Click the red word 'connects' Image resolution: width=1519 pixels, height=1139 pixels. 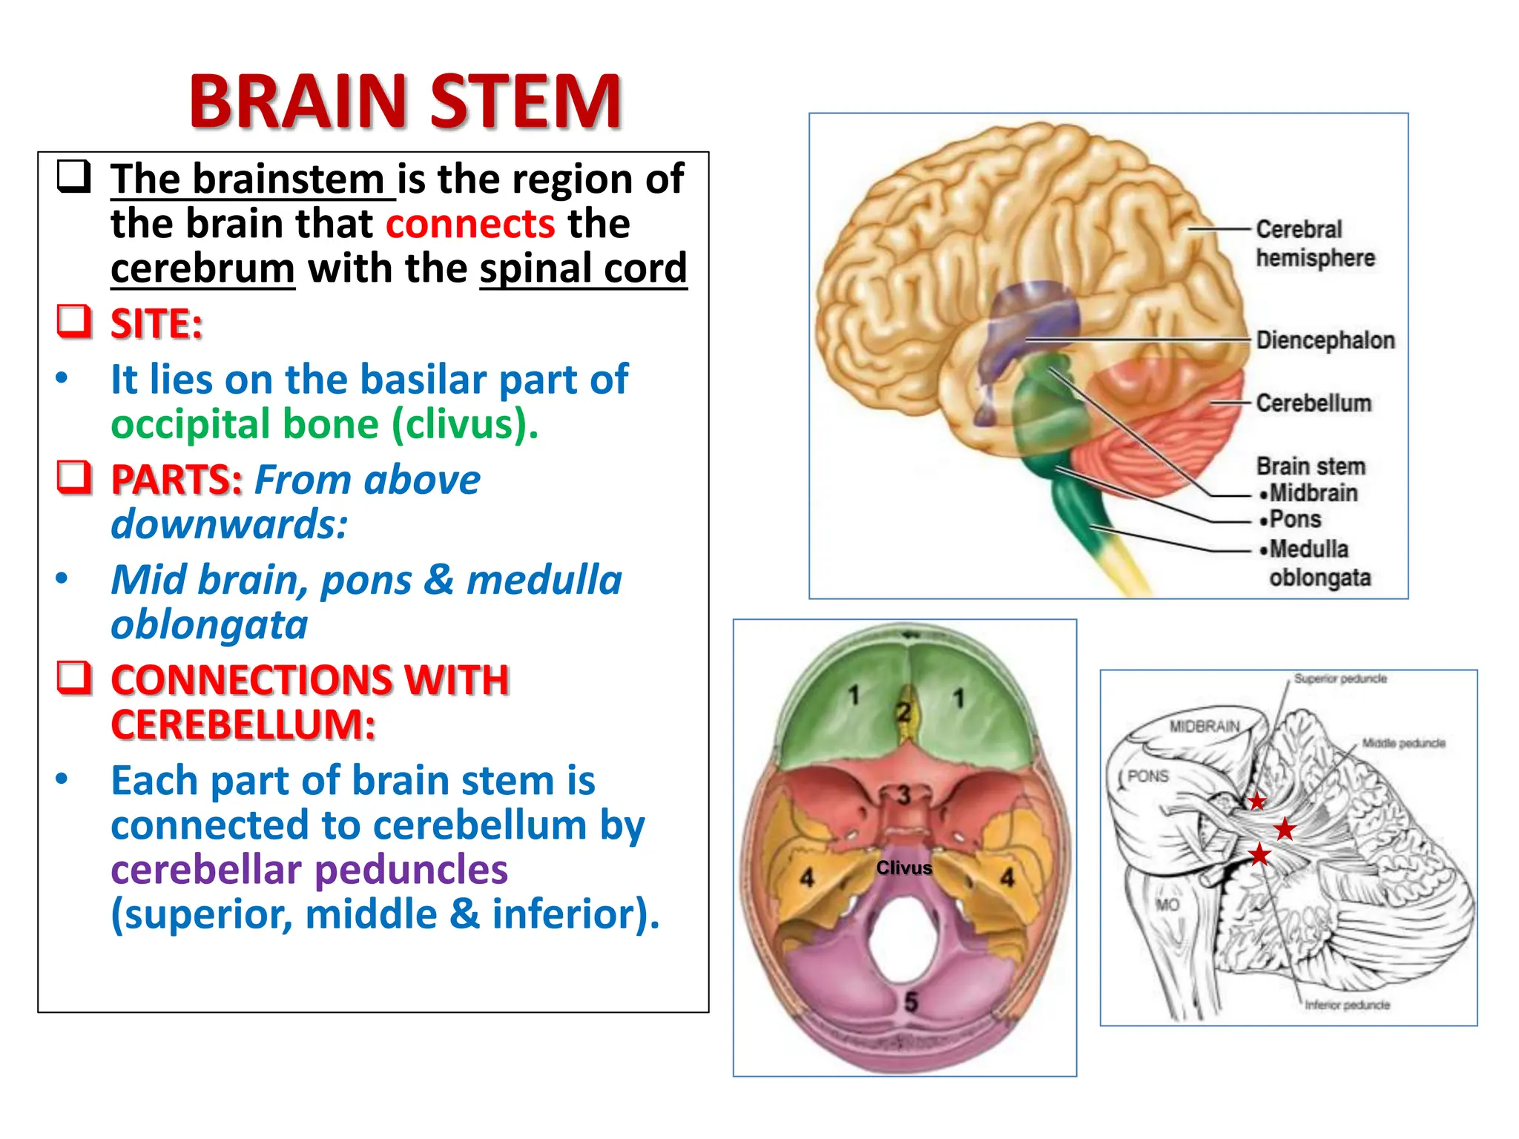click(470, 224)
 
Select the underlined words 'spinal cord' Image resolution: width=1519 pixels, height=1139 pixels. click(583, 268)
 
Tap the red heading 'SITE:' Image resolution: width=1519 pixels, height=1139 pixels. click(156, 324)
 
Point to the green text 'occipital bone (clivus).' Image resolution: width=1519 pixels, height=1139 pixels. click(324, 425)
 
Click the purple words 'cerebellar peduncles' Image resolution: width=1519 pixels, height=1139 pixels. click(309, 870)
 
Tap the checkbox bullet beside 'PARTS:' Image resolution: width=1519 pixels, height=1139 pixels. click(74, 478)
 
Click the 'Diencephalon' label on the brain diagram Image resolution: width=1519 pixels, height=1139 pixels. click(1325, 340)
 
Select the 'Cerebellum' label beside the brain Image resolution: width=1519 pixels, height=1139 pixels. click(1313, 403)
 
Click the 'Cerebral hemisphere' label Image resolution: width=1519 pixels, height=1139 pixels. click(1314, 243)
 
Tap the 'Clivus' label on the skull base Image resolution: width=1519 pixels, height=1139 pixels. click(903, 868)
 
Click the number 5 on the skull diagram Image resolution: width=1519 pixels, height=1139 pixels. click(911, 1002)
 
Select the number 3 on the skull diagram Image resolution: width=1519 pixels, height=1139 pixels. click(903, 796)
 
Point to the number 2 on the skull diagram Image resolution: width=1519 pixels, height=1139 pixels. click(903, 713)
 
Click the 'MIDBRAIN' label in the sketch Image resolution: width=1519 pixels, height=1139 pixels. click(1204, 726)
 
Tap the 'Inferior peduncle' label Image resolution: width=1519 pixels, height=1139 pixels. click(1347, 1005)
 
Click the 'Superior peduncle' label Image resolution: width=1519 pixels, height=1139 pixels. click(1340, 679)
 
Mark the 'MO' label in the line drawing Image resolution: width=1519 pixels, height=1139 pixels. click(1167, 905)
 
